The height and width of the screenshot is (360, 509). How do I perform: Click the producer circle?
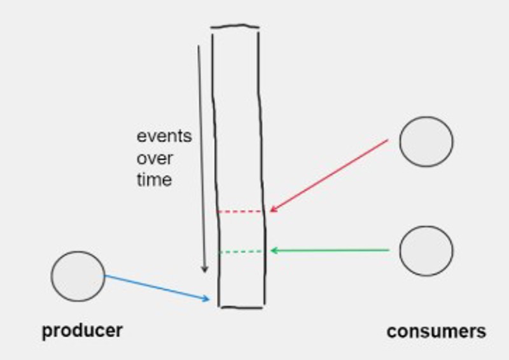point(78,276)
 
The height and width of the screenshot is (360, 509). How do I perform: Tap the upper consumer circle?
point(426,141)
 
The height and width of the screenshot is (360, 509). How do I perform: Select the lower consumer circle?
point(426,251)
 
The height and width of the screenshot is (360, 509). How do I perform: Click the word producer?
point(82,331)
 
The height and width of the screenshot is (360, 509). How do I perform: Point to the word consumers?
point(436,331)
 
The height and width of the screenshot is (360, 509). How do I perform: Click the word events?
point(164,136)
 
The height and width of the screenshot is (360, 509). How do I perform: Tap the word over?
point(155,158)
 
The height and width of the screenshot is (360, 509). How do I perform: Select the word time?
point(154,179)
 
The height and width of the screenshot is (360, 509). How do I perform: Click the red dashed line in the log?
point(240,211)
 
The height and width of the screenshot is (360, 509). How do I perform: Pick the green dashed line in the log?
point(241,252)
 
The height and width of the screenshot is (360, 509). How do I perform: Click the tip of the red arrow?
point(270,211)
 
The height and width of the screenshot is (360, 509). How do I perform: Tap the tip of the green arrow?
point(270,251)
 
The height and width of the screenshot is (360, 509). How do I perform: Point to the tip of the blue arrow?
point(209,299)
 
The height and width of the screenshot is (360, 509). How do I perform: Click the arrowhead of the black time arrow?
point(205,272)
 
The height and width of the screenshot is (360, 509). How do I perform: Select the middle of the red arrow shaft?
point(329,176)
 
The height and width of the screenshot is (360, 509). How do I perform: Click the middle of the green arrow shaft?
point(330,251)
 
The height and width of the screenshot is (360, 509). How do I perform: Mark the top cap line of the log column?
point(235,27)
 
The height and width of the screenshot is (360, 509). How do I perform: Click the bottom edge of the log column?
point(241,307)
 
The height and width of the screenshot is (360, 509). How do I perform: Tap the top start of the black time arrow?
point(199,46)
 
